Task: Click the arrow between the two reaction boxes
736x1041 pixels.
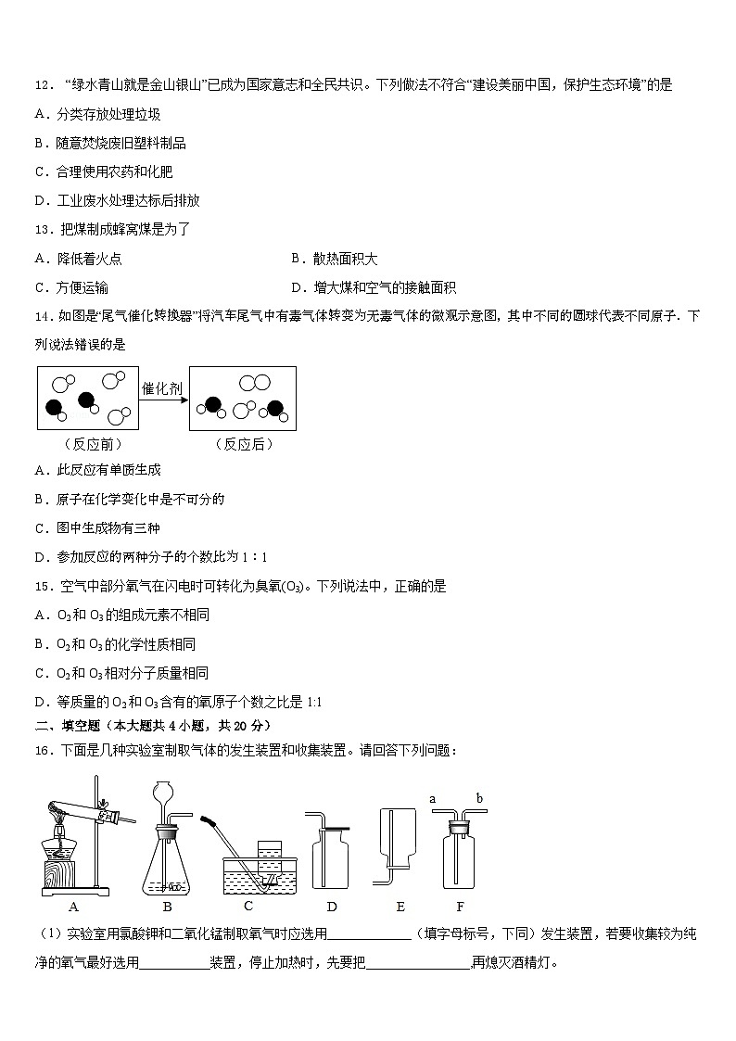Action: point(163,400)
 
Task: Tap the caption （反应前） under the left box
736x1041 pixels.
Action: point(88,444)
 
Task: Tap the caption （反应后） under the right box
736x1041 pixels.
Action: point(244,444)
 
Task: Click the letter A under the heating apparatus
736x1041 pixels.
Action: point(73,907)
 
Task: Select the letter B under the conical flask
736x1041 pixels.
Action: point(168,907)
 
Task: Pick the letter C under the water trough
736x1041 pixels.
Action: point(248,907)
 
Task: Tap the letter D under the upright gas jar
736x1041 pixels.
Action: point(332,907)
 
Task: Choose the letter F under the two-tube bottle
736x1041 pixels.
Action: point(460,907)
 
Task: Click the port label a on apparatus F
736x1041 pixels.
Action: point(433,797)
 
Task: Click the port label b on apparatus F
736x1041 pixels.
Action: point(479,797)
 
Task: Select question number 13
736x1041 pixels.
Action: point(43,230)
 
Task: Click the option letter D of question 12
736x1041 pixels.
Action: point(40,200)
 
